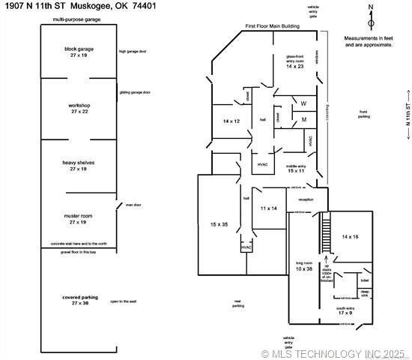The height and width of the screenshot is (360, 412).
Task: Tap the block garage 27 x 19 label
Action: click(79, 52)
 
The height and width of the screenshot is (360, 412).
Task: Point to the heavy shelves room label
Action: click(79, 165)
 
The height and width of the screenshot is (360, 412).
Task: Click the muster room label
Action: click(79, 218)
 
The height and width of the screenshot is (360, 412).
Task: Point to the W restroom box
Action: click(303, 103)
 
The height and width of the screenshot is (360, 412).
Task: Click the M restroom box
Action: click(303, 119)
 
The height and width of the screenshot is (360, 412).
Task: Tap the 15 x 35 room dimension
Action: click(219, 223)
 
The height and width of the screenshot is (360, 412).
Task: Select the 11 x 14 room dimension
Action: click(269, 208)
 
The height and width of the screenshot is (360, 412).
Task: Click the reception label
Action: click(306, 199)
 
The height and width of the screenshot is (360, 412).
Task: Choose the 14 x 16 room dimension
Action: click(351, 236)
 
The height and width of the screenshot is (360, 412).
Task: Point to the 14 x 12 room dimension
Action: click(231, 121)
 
